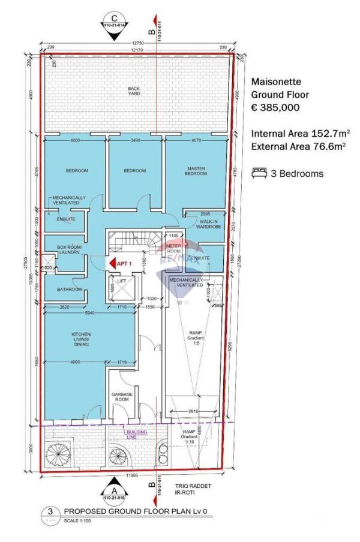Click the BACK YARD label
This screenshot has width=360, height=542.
[x=134, y=91]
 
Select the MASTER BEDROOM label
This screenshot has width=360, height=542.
[x=196, y=171]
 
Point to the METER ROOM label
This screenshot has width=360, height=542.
[x=173, y=248]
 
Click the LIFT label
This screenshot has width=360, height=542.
[x=122, y=281]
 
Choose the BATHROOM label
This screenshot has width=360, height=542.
[x=70, y=290]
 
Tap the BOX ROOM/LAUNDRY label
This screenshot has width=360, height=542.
[x=70, y=251]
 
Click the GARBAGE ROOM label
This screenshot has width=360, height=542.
[x=122, y=396]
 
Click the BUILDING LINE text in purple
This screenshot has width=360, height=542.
[x=136, y=433]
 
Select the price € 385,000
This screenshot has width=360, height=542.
[x=275, y=108]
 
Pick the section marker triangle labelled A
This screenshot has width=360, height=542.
[x=112, y=485]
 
